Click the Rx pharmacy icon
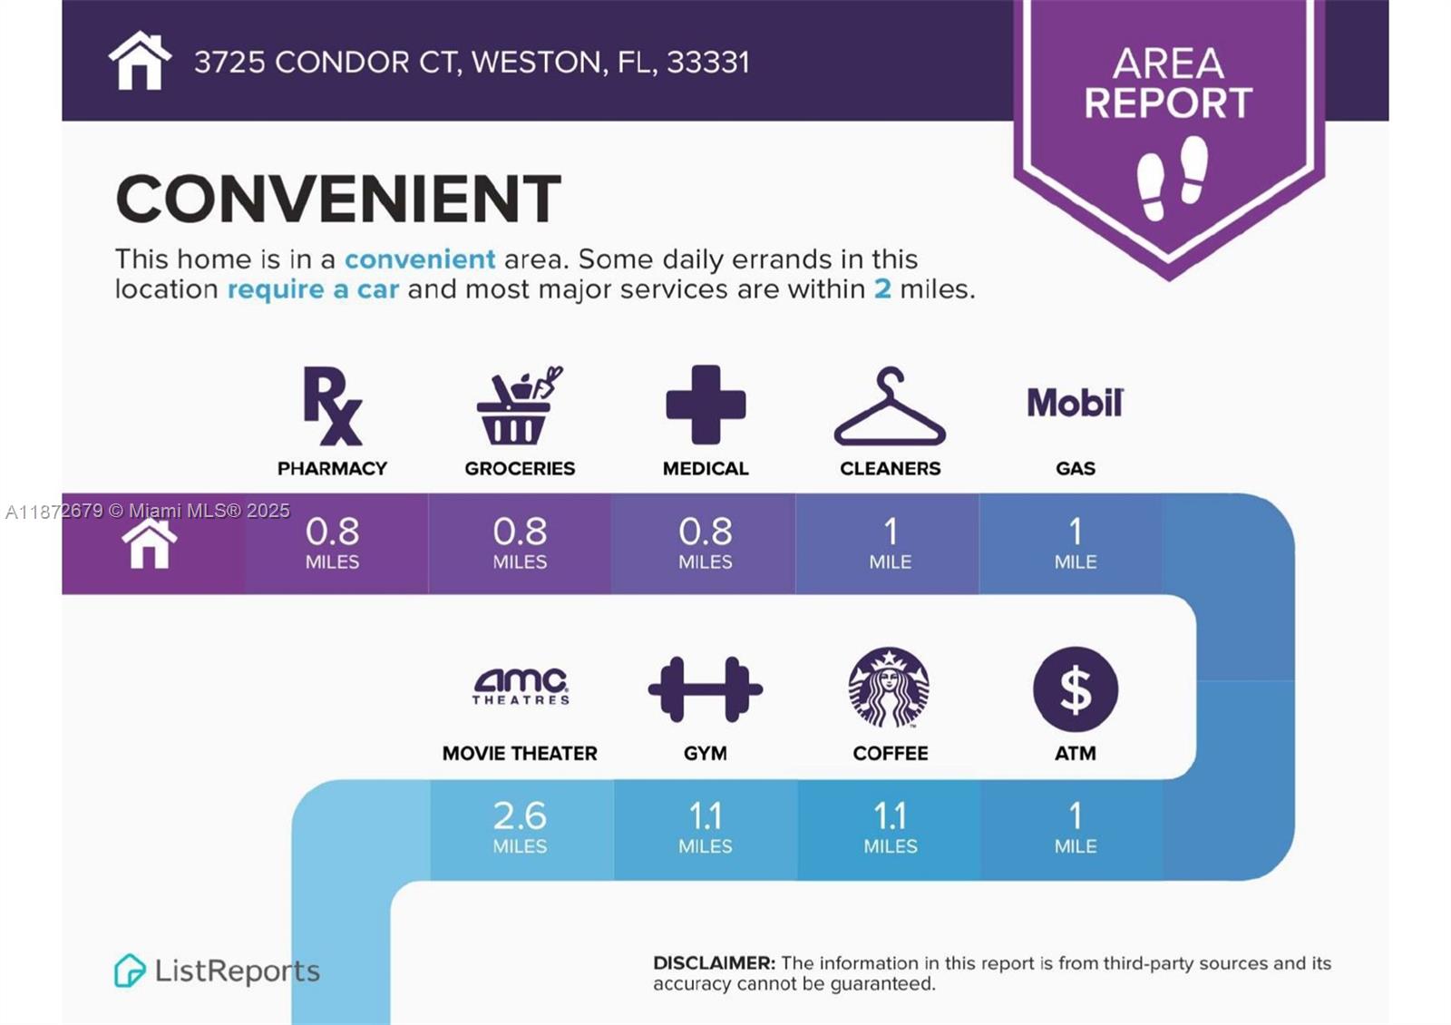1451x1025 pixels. [x=332, y=405]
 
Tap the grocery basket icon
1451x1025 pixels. [x=518, y=405]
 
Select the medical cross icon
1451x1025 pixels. [x=706, y=405]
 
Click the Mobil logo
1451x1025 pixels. [x=1076, y=403]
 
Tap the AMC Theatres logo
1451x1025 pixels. [x=521, y=687]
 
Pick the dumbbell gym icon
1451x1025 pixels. [x=706, y=688]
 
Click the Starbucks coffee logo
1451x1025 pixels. [x=890, y=688]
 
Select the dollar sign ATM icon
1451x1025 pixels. [x=1076, y=688]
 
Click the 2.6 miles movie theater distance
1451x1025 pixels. [x=521, y=827]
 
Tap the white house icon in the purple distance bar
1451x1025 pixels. [x=150, y=543]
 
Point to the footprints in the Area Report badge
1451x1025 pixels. [x=1173, y=178]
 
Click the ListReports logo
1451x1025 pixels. [x=217, y=971]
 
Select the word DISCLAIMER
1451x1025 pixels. [x=714, y=962]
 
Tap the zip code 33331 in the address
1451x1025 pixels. [x=708, y=63]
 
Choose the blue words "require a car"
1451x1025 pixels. [x=313, y=289]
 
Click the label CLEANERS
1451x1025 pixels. [x=890, y=468]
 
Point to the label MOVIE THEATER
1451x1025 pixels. [x=520, y=754]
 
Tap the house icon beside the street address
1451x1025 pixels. [x=140, y=61]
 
